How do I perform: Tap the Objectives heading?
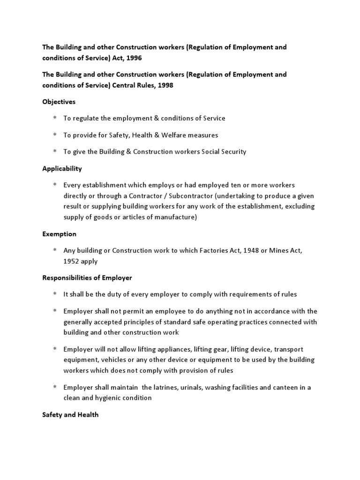click(x=59, y=102)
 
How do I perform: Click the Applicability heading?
click(x=62, y=168)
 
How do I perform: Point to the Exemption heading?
click(x=59, y=234)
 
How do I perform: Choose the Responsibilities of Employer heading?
click(x=87, y=277)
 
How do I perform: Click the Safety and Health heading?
click(x=70, y=415)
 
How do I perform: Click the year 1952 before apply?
click(x=73, y=262)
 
